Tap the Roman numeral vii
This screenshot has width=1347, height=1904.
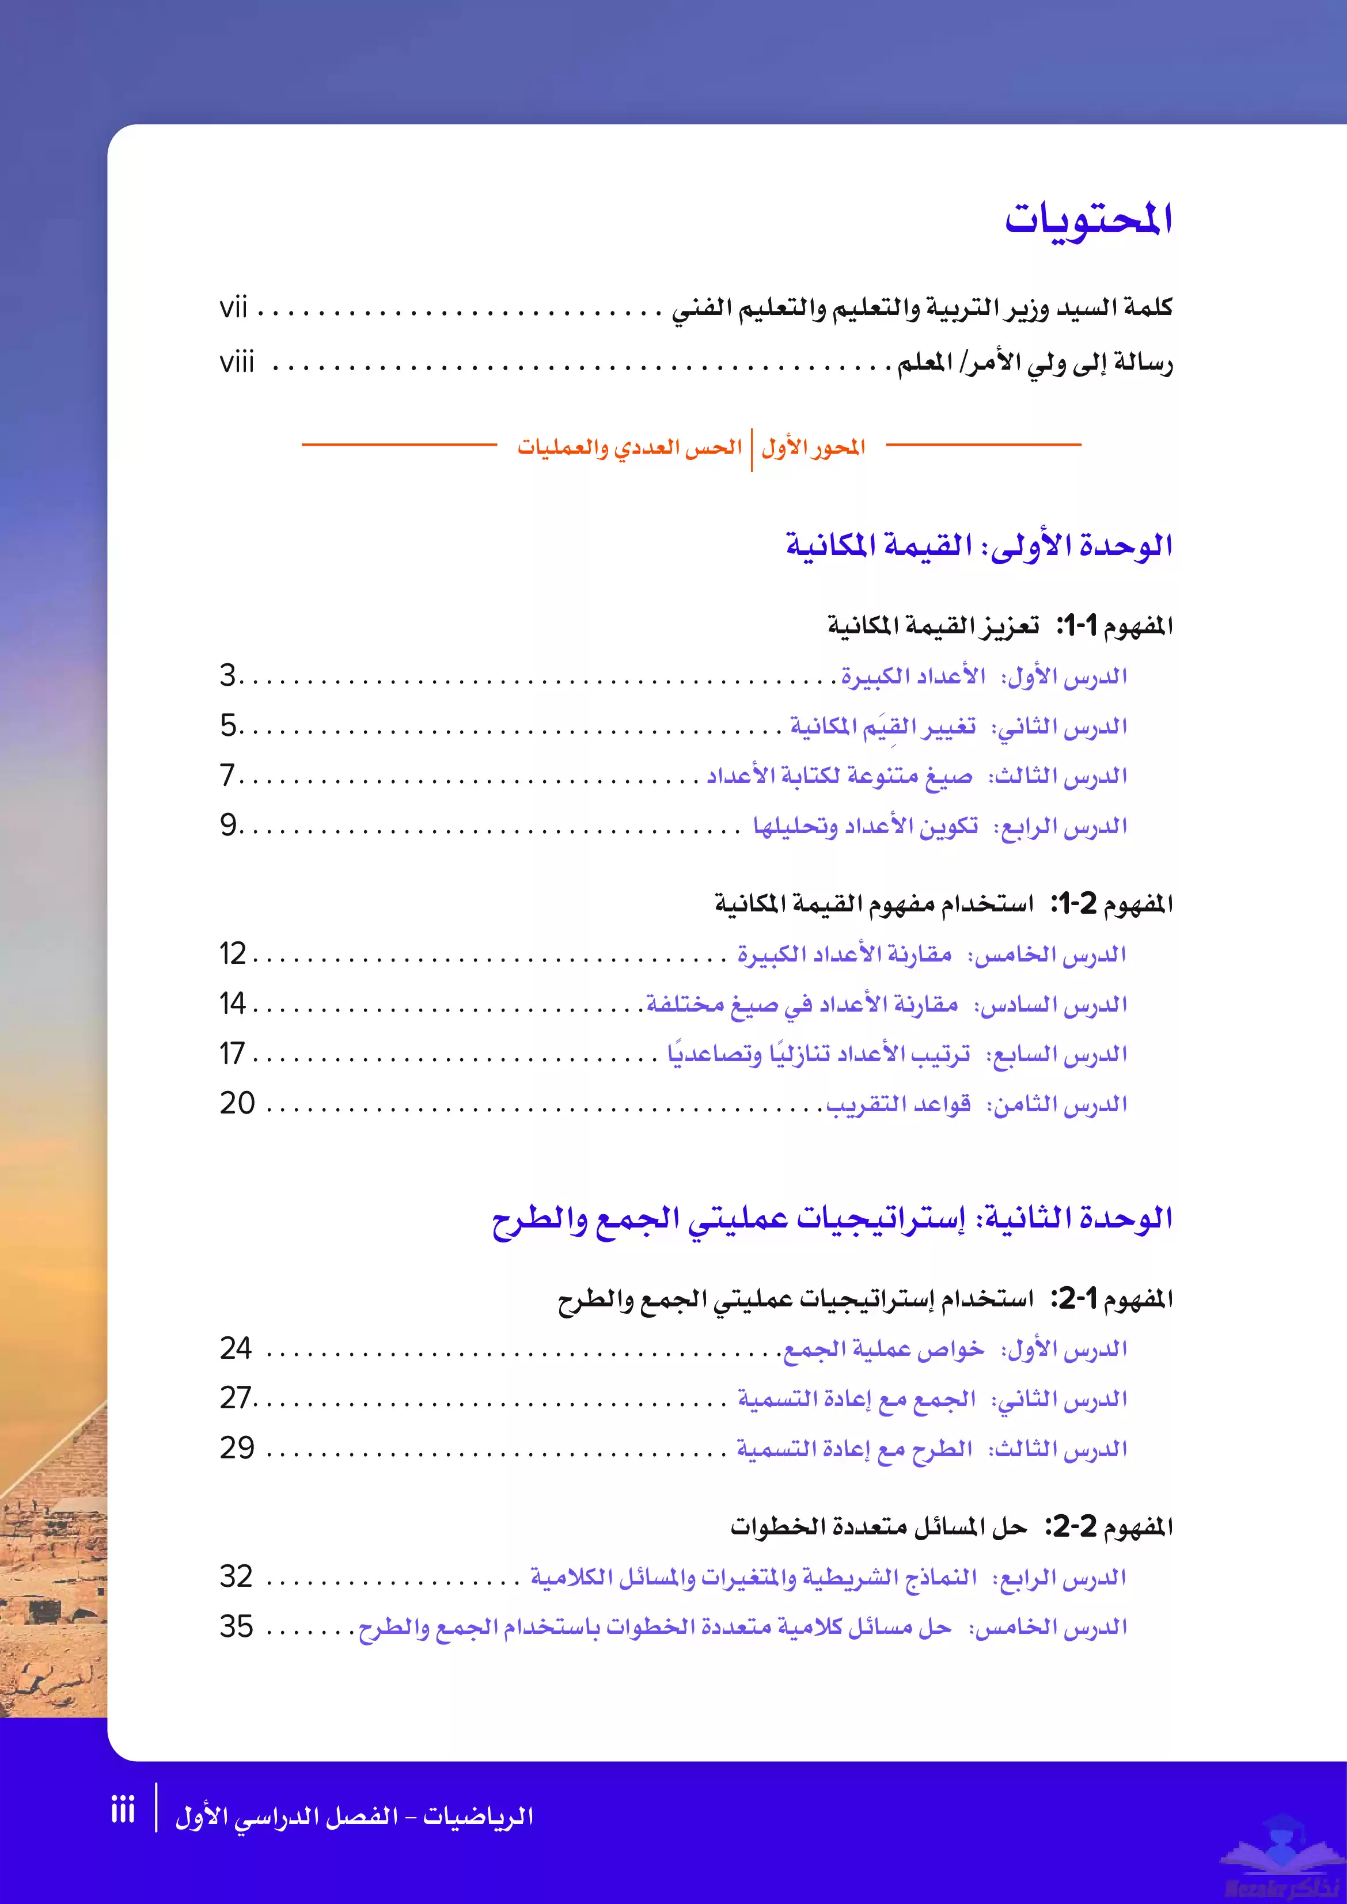(233, 309)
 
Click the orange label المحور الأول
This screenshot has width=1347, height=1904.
(813, 449)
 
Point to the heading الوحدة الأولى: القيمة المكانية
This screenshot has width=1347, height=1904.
(979, 546)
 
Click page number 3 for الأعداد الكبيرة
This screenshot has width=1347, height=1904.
(228, 676)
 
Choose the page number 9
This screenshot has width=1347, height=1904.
(228, 825)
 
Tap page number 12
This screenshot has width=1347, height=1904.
(233, 953)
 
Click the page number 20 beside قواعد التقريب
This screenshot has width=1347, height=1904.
(237, 1103)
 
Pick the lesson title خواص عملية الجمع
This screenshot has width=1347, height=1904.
(883, 1349)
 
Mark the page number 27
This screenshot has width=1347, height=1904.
(235, 1398)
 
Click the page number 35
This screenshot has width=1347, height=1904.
(236, 1626)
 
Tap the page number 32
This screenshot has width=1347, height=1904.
(236, 1576)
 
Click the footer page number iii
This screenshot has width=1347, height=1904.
(123, 1810)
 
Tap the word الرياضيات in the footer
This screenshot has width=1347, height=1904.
(479, 1816)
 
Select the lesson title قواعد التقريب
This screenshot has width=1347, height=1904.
(898, 1105)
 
